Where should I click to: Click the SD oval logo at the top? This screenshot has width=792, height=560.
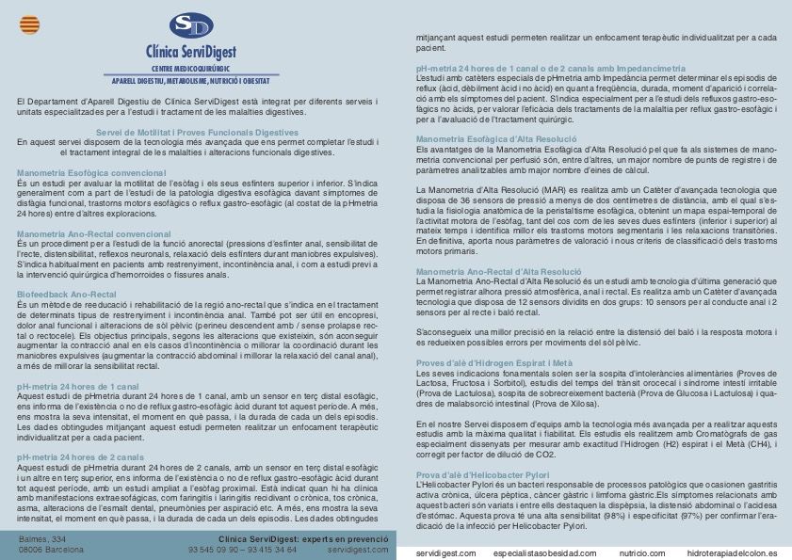[x=198, y=25]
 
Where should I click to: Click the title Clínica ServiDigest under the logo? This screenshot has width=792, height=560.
[x=198, y=51]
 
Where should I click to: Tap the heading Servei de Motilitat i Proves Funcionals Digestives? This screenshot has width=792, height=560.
[x=198, y=132]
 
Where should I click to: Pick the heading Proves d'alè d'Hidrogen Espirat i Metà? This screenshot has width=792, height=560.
[x=482, y=362]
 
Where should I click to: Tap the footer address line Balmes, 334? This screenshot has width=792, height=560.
[x=42, y=538]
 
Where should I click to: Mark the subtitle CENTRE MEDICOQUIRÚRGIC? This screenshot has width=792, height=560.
[x=198, y=69]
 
